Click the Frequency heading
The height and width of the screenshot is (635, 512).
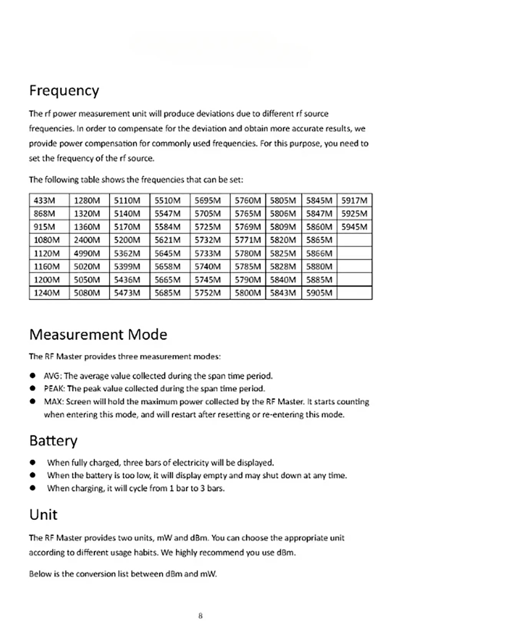click(x=64, y=91)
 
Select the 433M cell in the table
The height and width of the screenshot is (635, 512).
click(x=45, y=200)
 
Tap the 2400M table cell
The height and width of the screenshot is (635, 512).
click(x=87, y=240)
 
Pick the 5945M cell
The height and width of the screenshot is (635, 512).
click(x=354, y=226)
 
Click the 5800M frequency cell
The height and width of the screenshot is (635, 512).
click(x=248, y=293)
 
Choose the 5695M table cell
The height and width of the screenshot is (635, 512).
click(x=208, y=200)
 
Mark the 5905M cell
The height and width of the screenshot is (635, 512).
click(x=319, y=293)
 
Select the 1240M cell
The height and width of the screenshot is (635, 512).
click(x=47, y=293)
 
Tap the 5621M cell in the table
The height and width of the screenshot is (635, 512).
click(x=167, y=240)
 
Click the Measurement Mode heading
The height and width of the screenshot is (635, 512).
click(x=98, y=335)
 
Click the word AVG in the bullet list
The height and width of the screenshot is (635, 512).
click(x=52, y=376)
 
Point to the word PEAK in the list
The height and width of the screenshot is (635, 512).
click(x=53, y=389)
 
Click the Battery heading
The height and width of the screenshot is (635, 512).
click(x=53, y=441)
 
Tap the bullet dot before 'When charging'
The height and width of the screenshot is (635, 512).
click(x=33, y=489)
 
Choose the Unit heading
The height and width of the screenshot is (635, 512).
click(x=44, y=515)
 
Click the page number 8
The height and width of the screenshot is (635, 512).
click(x=200, y=616)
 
